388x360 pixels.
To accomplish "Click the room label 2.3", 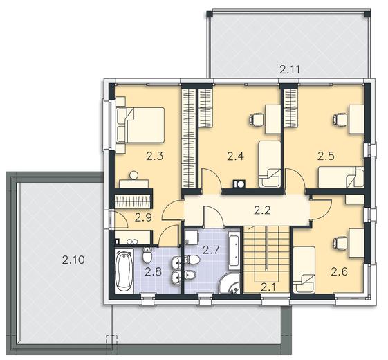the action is pyautogui.click(x=155, y=156).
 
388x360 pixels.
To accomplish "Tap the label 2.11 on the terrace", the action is pyautogui.click(x=290, y=69).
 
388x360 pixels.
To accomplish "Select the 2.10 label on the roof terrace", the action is pyautogui.click(x=73, y=260).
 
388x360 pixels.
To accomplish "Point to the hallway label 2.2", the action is pyautogui.click(x=262, y=210).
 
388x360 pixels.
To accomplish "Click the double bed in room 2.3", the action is pyautogui.click(x=140, y=125).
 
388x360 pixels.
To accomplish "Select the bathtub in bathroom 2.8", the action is pyautogui.click(x=124, y=271).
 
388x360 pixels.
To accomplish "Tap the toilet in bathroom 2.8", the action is pyautogui.click(x=147, y=255).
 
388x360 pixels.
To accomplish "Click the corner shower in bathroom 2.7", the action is pyautogui.click(x=230, y=283).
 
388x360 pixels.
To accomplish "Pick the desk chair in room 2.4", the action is pyautogui.click(x=256, y=120).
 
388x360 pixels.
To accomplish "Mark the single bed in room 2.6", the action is pyautogui.click(x=304, y=269).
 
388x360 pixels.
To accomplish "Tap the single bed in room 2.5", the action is pyautogui.click(x=341, y=177).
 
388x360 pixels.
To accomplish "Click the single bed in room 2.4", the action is pyautogui.click(x=270, y=164).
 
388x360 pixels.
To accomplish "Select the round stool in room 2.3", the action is pyautogui.click(x=134, y=175).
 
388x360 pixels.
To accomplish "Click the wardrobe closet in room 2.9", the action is pyautogui.click(x=133, y=201).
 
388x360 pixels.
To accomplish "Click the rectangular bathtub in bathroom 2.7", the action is pyautogui.click(x=234, y=251).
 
